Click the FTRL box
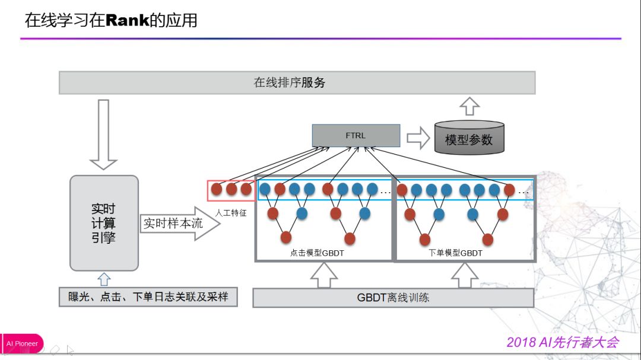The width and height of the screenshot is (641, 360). (356, 135)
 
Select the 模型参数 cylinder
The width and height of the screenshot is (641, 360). (469, 138)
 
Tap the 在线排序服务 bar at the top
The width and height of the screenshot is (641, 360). (297, 82)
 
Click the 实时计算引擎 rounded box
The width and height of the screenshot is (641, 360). (104, 223)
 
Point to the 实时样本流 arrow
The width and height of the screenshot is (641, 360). (180, 223)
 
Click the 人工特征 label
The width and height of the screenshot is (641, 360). (231, 213)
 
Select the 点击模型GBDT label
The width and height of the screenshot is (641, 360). (317, 253)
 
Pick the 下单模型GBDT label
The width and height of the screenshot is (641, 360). (455, 253)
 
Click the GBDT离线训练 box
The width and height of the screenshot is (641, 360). (394, 298)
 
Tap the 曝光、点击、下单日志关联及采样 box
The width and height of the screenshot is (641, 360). (148, 297)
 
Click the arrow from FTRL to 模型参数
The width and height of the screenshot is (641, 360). (418, 138)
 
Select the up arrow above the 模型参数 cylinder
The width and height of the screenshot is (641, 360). (469, 106)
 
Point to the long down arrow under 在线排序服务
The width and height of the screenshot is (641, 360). (103, 135)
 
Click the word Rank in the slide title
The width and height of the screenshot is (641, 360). (127, 20)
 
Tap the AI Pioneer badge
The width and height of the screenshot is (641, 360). (22, 343)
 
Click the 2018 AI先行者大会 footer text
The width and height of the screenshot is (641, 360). (563, 342)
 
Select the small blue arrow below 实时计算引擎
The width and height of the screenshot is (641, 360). (104, 279)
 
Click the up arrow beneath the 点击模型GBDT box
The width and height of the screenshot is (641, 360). (324, 275)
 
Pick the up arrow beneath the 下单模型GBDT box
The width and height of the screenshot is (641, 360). (465, 275)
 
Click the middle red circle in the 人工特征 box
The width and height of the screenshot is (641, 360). (231, 189)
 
